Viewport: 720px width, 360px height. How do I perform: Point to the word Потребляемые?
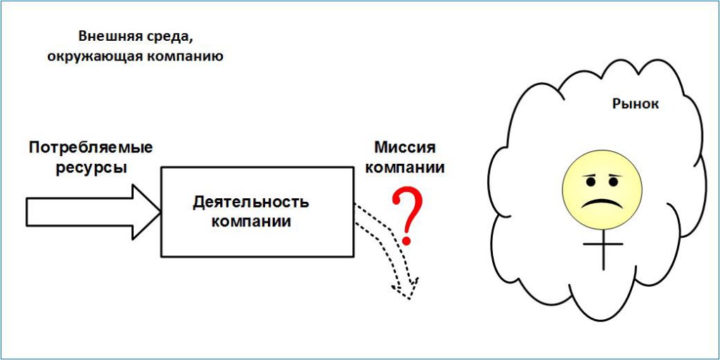pyautogui.click(x=90, y=148)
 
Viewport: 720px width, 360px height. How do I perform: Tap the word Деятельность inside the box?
pyautogui.click(x=251, y=202)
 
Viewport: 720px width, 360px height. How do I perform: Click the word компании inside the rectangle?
pyautogui.click(x=251, y=221)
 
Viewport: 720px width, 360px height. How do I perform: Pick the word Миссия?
pyautogui.click(x=404, y=148)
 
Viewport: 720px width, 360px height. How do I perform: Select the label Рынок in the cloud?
pyautogui.click(x=636, y=104)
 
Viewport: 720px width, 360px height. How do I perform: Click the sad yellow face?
pyautogui.click(x=603, y=188)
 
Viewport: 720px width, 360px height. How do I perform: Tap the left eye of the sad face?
pyautogui.click(x=591, y=182)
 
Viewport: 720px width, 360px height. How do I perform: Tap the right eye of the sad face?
pyautogui.click(x=614, y=182)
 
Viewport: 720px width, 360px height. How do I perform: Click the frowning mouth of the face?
pyautogui.click(x=603, y=202)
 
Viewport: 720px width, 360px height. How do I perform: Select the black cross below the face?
pyautogui.click(x=603, y=248)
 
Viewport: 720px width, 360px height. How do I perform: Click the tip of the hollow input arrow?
pyautogui.click(x=160, y=212)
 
